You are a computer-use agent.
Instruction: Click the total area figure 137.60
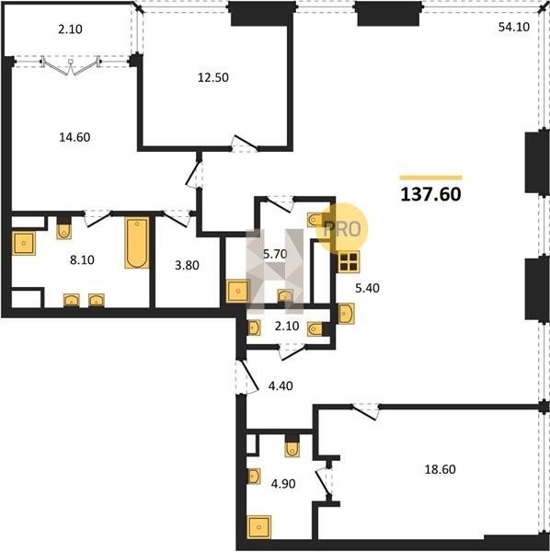(430, 194)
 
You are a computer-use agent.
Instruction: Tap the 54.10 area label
(514, 27)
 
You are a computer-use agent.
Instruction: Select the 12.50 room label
(212, 77)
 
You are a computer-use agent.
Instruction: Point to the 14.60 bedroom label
(74, 137)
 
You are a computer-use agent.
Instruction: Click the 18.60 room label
(440, 469)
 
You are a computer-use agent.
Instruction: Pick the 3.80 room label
(187, 265)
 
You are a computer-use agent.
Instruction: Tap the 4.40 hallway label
(281, 385)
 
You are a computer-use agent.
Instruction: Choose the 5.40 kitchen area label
(367, 288)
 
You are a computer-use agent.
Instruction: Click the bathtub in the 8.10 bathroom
(137, 243)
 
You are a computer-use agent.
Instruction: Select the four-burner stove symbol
(349, 262)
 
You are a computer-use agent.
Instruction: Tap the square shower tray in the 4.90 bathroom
(259, 527)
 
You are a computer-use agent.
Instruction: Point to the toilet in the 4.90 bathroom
(292, 447)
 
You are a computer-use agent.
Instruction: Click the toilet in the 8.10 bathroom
(63, 229)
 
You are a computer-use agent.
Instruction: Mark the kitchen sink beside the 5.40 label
(346, 314)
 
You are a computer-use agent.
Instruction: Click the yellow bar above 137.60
(431, 178)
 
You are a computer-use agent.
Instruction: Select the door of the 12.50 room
(245, 143)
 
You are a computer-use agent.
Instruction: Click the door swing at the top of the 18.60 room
(366, 412)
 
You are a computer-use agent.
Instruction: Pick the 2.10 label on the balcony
(71, 29)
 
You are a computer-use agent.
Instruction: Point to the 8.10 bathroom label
(82, 259)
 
